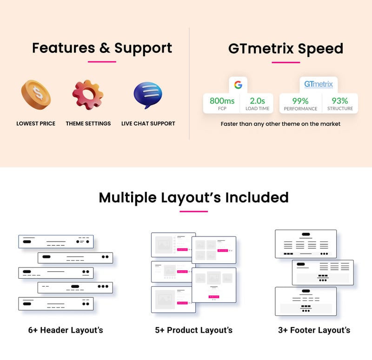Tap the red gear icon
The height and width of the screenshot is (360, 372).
(x=87, y=95)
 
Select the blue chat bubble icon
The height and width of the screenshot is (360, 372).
(x=148, y=95)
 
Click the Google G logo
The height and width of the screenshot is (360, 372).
(x=238, y=85)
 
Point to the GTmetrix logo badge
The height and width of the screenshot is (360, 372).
(x=319, y=85)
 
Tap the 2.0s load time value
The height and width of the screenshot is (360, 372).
(x=257, y=101)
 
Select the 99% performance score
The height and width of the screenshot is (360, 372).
(x=300, y=101)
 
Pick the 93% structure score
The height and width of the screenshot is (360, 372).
(x=339, y=101)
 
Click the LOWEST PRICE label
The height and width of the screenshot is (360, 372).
(x=36, y=124)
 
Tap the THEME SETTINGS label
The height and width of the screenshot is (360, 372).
(x=88, y=124)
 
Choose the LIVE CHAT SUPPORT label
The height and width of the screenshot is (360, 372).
(x=148, y=124)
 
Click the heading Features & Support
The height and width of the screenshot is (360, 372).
(x=102, y=48)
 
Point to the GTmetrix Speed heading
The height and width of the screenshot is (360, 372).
(x=286, y=49)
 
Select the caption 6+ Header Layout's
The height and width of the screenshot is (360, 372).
(x=66, y=330)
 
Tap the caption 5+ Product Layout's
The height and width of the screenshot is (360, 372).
(x=193, y=330)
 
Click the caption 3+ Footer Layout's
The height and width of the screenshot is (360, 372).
(x=314, y=330)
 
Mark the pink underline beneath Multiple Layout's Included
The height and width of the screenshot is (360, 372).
(x=193, y=211)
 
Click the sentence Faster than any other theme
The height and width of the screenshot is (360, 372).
(x=280, y=124)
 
